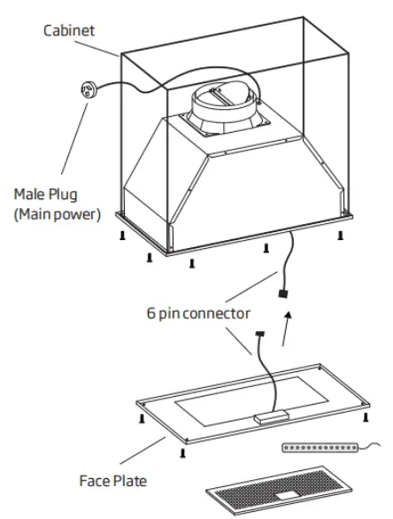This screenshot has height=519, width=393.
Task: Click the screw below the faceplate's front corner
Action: click(x=182, y=453)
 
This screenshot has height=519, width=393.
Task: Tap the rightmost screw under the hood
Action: click(x=338, y=235)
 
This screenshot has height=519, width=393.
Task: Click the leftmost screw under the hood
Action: click(x=120, y=236)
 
